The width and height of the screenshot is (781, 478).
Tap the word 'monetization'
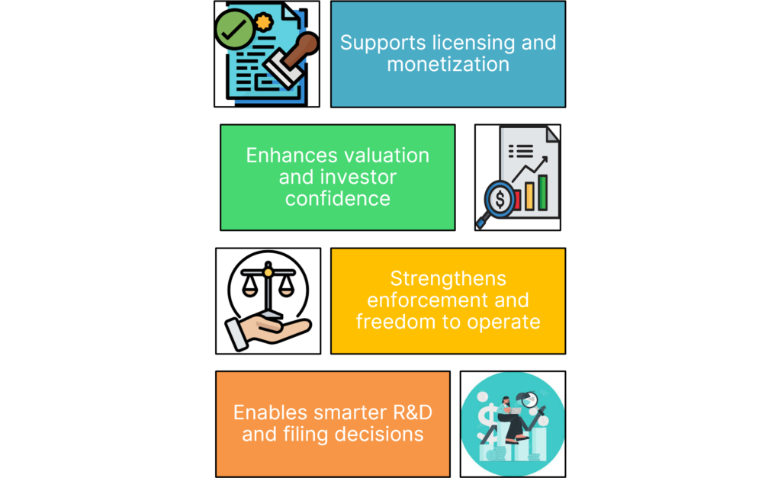coord(448,64)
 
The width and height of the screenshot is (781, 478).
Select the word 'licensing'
coord(466,42)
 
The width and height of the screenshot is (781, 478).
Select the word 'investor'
coord(358,177)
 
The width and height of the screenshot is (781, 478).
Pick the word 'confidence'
coord(338,199)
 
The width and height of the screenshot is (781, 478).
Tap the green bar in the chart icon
coord(543,192)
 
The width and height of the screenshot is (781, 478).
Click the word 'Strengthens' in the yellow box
coord(448,278)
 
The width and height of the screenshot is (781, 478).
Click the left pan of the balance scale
coord(249,290)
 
